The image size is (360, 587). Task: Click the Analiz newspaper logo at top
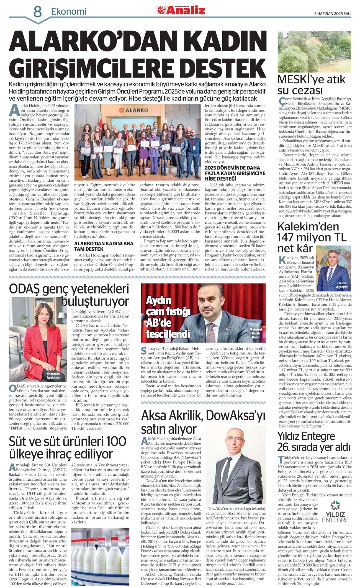coord(181,10)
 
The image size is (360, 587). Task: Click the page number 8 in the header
coord(37,12)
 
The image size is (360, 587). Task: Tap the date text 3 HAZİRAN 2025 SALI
coord(333,13)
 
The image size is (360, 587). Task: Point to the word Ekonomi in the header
coord(69,12)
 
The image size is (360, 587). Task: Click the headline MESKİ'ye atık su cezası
coord(311,85)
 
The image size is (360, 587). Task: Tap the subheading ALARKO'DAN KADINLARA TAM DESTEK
coord(104,246)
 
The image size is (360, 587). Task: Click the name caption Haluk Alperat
coord(341,285)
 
